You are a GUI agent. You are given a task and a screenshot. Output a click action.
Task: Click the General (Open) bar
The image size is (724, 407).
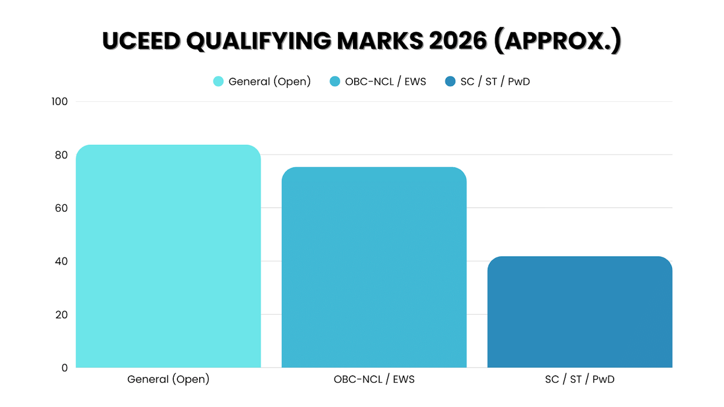point(168,256)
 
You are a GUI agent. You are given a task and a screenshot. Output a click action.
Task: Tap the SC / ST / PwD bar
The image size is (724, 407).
point(580,312)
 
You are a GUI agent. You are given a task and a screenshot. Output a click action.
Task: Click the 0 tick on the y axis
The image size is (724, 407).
point(64,367)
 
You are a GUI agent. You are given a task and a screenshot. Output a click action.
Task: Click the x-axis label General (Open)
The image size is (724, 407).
point(168,380)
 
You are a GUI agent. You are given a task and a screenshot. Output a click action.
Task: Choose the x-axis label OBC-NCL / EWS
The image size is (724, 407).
point(374,380)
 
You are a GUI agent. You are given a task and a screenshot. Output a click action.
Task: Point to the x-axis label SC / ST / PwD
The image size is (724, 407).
point(580,380)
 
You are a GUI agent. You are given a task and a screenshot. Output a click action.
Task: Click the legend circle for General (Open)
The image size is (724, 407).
point(218,81)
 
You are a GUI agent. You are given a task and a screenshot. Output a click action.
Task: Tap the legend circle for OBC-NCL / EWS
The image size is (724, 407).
point(335,81)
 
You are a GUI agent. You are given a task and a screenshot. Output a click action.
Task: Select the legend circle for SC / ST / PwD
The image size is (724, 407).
point(450,81)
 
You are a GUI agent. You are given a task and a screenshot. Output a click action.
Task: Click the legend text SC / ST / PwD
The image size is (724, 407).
point(495,81)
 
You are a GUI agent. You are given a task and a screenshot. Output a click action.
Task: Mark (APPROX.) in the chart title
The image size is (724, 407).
point(558,41)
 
